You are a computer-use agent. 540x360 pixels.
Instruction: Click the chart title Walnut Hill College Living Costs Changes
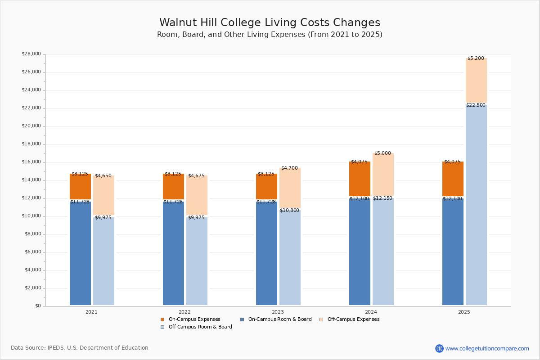[x=270, y=22]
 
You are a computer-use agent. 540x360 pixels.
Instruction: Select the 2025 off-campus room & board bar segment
[x=476, y=205]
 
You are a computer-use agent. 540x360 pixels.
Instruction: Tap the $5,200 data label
[x=476, y=58]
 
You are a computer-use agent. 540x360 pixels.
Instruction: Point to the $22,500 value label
[x=476, y=105]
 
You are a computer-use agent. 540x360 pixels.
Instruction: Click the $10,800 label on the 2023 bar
[x=289, y=211]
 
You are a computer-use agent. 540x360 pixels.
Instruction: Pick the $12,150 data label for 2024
[x=382, y=198]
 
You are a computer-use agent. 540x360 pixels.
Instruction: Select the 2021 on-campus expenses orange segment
[x=80, y=187]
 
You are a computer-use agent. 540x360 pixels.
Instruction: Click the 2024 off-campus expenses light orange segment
[x=383, y=174]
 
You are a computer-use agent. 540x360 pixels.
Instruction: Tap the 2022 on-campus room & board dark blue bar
[x=173, y=253]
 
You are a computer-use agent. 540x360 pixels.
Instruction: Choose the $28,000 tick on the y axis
[x=31, y=54]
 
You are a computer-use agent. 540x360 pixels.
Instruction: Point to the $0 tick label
[x=38, y=306]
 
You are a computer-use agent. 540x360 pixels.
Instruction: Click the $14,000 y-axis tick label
[x=31, y=180]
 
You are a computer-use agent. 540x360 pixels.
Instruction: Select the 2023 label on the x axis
[x=278, y=312]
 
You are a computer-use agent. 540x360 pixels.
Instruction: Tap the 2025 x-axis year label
[x=464, y=312]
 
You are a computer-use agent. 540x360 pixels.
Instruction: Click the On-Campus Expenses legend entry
[x=190, y=319]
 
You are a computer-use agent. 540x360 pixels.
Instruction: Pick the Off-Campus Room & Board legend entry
[x=196, y=327]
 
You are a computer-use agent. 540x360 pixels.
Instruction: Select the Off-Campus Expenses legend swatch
[x=321, y=319]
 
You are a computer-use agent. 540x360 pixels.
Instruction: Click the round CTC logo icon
[x=440, y=348]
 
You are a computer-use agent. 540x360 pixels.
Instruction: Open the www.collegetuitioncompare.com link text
[x=487, y=348]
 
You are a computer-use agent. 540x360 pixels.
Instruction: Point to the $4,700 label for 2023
[x=289, y=168]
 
